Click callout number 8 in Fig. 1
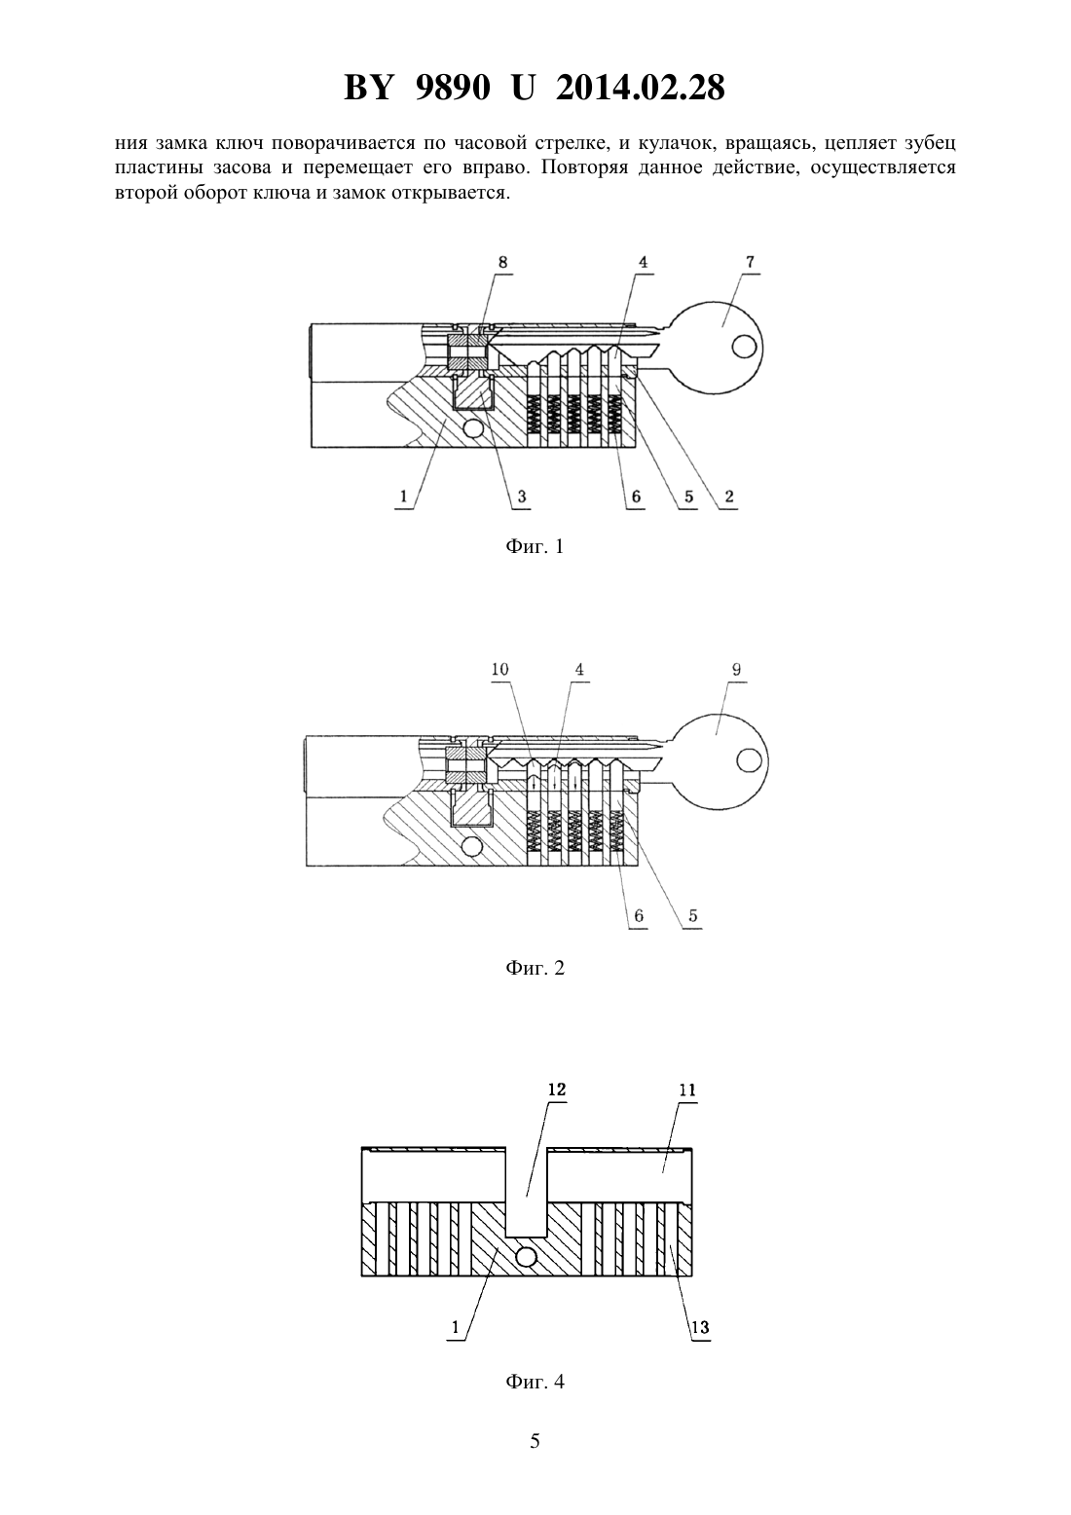point(502,262)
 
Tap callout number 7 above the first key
point(750,262)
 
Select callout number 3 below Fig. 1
point(521,497)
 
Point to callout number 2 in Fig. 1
point(729,497)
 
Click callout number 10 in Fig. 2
point(499,669)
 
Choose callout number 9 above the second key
point(736,669)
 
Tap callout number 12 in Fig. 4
point(557,1090)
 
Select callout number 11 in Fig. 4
point(687,1090)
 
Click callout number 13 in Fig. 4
point(700,1327)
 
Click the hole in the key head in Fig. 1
point(744,347)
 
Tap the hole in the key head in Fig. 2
point(749,760)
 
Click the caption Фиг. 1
point(535,546)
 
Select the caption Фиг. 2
point(535,969)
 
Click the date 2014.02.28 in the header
point(641,88)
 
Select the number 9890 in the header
point(452,88)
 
